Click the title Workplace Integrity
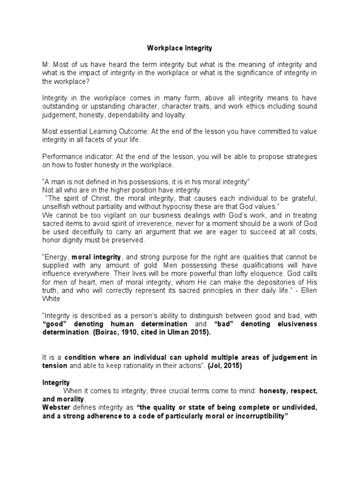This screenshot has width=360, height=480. pos(180,48)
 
